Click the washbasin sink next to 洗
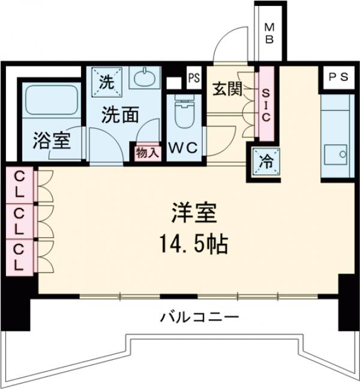[144, 79]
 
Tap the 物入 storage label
[147, 153]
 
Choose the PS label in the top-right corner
[338, 76]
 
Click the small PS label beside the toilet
[193, 77]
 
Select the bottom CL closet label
[20, 256]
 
